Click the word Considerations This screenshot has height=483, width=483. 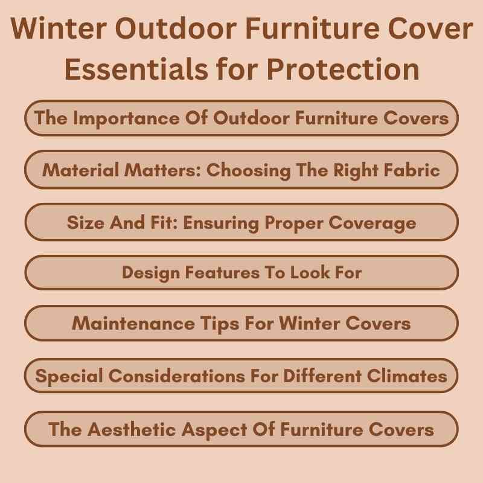[x=171, y=376]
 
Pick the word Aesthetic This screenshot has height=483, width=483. [x=133, y=429]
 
